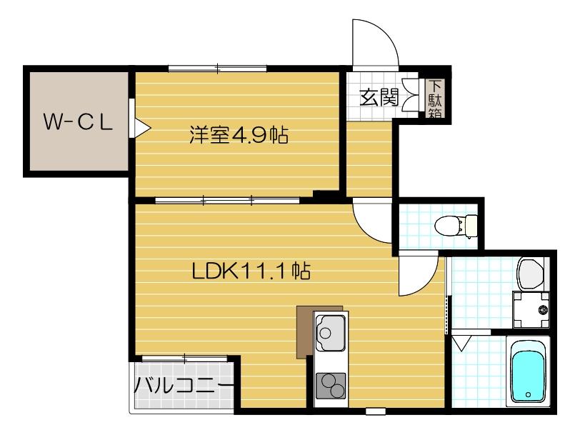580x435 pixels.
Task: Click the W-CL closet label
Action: click(x=78, y=122)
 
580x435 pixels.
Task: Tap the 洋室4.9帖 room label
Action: click(x=239, y=135)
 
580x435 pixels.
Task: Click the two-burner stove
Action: click(x=331, y=387)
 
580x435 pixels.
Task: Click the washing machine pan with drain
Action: click(x=532, y=309)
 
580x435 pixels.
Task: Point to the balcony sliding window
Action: click(x=185, y=356)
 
